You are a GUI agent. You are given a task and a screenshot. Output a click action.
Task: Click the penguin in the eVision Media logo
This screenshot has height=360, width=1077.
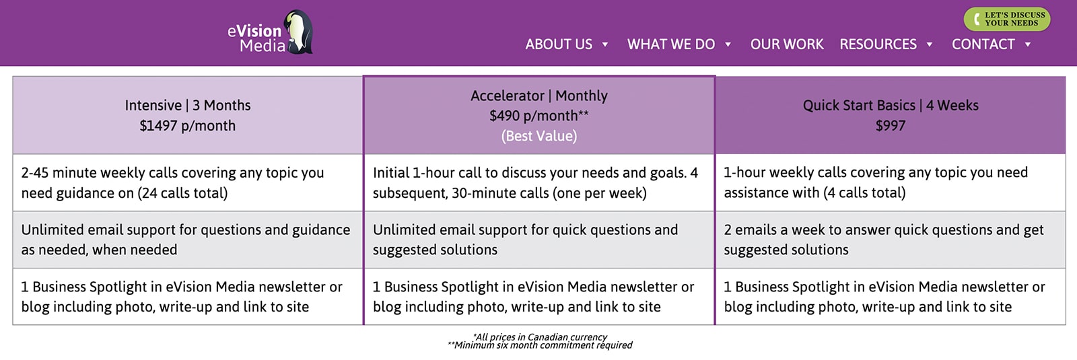[299, 32]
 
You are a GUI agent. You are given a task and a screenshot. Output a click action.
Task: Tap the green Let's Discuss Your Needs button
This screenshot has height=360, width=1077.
[1007, 20]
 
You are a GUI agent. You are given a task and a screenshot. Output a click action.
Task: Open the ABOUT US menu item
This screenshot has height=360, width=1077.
[559, 44]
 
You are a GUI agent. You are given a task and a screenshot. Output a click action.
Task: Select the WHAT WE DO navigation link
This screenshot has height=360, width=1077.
[670, 44]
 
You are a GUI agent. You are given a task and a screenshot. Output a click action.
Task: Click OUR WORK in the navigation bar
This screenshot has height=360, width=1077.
[787, 44]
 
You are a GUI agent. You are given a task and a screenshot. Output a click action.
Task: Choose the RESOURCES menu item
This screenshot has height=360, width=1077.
[878, 44]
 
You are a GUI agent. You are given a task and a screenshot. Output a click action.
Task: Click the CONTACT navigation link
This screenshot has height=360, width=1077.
[983, 44]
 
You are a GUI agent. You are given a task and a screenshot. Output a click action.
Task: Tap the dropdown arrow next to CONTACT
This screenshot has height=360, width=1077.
[1028, 44]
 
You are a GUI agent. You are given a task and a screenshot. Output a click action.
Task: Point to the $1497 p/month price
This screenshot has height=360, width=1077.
[188, 125]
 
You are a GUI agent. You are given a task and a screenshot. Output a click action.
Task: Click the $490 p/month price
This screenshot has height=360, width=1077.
[539, 116]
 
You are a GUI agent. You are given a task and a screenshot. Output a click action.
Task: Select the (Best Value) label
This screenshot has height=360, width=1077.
[539, 136]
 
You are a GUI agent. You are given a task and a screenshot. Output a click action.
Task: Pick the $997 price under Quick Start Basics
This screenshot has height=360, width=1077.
[891, 125]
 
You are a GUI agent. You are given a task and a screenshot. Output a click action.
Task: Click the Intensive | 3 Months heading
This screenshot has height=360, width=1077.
[188, 105]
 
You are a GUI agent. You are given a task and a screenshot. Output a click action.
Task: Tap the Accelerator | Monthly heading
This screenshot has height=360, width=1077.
[539, 96]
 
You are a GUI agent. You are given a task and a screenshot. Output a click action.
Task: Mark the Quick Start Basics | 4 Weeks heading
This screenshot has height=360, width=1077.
[891, 105]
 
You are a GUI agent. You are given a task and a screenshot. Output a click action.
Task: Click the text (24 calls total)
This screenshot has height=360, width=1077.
[182, 193]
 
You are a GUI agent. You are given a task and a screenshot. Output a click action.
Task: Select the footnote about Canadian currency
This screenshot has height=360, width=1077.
[539, 337]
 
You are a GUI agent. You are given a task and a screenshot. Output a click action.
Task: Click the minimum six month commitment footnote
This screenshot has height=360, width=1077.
[539, 345]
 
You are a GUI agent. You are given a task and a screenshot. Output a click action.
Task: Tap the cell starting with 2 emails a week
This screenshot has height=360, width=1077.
[891, 240]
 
